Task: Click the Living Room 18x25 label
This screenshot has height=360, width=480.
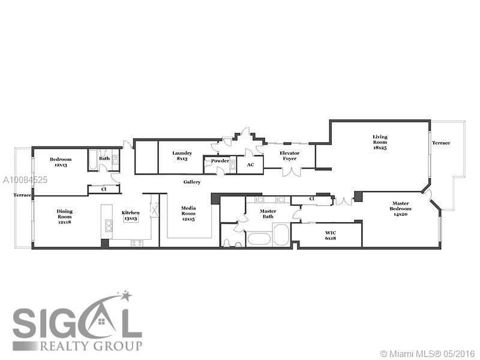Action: (380, 142)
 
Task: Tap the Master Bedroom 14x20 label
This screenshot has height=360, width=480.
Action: (400, 209)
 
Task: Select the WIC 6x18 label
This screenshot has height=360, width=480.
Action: (331, 235)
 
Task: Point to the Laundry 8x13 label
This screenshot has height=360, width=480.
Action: (182, 156)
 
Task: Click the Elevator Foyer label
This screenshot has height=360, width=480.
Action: (290, 156)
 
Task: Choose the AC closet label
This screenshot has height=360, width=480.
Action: (250, 164)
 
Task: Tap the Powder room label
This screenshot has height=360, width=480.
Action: (220, 161)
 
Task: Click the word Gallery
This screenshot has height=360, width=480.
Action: (192, 182)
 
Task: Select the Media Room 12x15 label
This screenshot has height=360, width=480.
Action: (188, 214)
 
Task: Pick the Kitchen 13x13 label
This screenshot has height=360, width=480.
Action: (131, 215)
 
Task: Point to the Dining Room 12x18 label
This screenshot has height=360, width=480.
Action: (65, 217)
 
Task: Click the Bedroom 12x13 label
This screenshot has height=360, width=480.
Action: (61, 162)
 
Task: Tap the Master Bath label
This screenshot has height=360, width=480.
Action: (268, 214)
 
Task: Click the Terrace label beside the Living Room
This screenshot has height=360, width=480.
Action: (441, 143)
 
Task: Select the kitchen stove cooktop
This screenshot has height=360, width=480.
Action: (137, 244)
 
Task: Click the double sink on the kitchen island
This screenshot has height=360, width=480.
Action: (109, 226)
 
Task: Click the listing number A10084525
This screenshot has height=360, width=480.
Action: (25, 179)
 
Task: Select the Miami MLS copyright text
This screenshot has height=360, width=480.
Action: (427, 354)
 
